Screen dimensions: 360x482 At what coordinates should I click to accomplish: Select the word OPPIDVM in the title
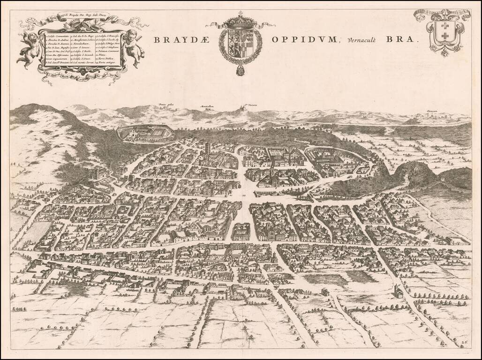[x=304, y=40]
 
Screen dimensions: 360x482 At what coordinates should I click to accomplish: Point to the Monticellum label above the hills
[x=207, y=106]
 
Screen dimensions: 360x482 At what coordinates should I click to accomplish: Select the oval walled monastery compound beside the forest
[x=145, y=134]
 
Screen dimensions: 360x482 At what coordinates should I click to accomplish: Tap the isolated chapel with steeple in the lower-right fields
[x=399, y=291]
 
